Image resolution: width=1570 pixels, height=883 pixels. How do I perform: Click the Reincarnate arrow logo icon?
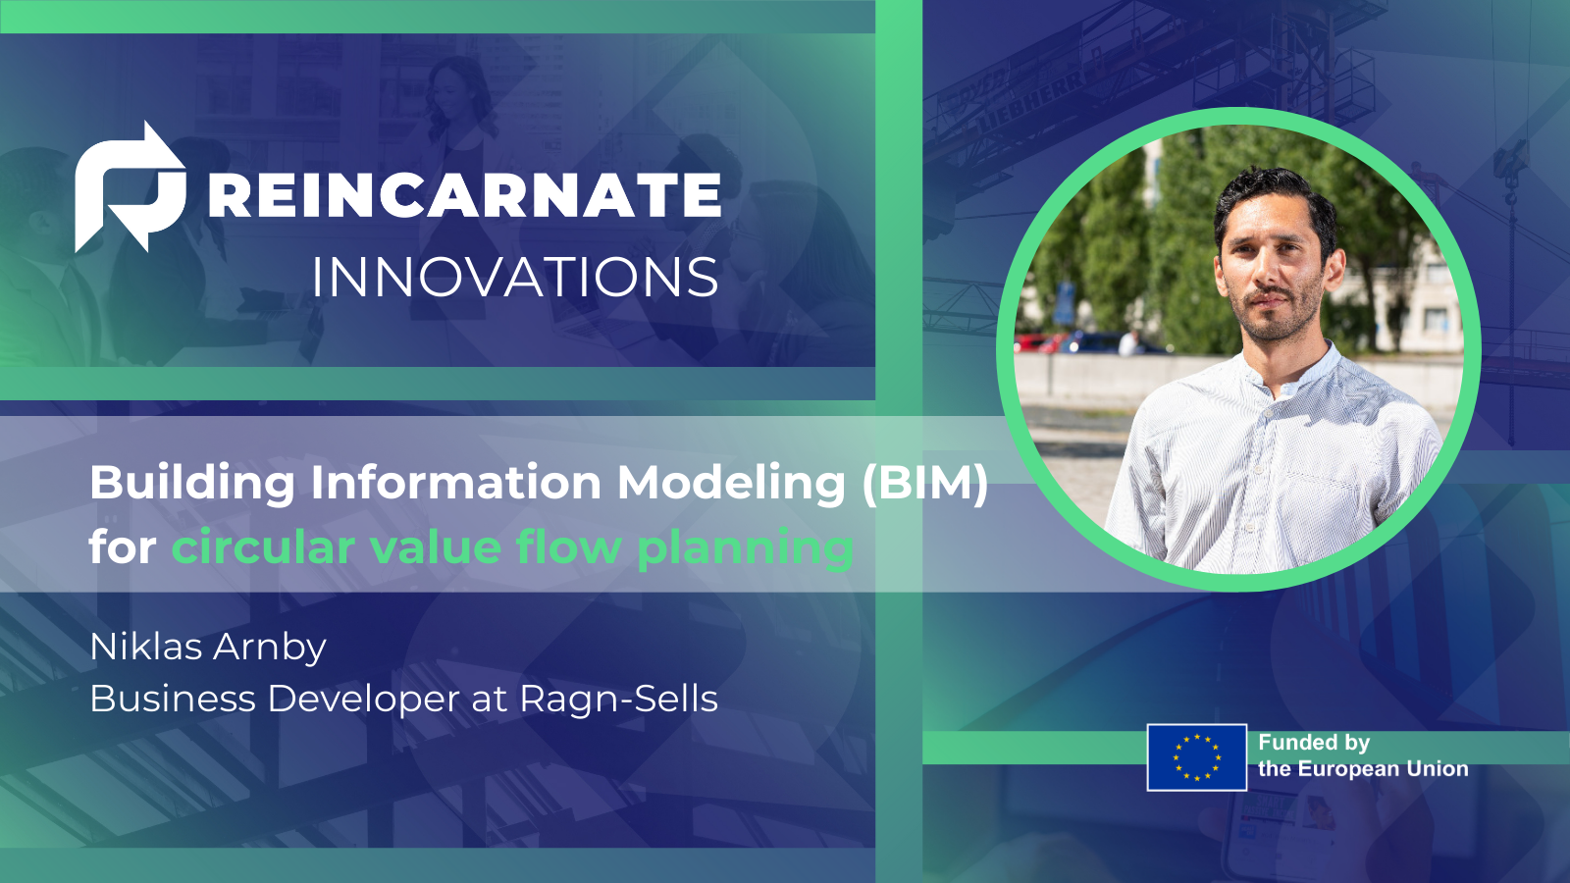(130, 187)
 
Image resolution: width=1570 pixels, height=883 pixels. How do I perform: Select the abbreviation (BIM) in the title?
(925, 483)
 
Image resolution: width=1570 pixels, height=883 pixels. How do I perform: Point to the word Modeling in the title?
(730, 483)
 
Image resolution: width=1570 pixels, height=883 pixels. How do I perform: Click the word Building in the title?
(192, 483)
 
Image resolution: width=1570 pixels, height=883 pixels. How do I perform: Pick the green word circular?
(262, 546)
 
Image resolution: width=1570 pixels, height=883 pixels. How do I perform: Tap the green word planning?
(745, 547)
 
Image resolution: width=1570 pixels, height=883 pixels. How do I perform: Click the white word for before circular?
(122, 546)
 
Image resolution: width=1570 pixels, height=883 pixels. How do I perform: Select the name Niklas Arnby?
(208, 647)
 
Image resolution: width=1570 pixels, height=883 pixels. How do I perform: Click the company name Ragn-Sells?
(618, 699)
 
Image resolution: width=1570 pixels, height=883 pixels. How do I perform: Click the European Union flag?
(1196, 757)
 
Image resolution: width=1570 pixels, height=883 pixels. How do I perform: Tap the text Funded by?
(1314, 743)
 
